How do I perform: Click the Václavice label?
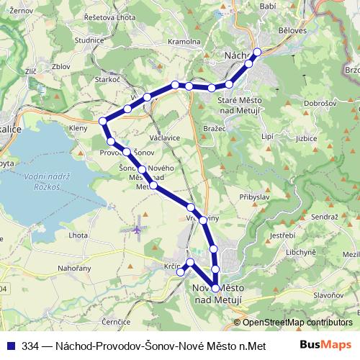click(164, 137)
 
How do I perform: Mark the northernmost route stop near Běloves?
click(257, 51)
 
